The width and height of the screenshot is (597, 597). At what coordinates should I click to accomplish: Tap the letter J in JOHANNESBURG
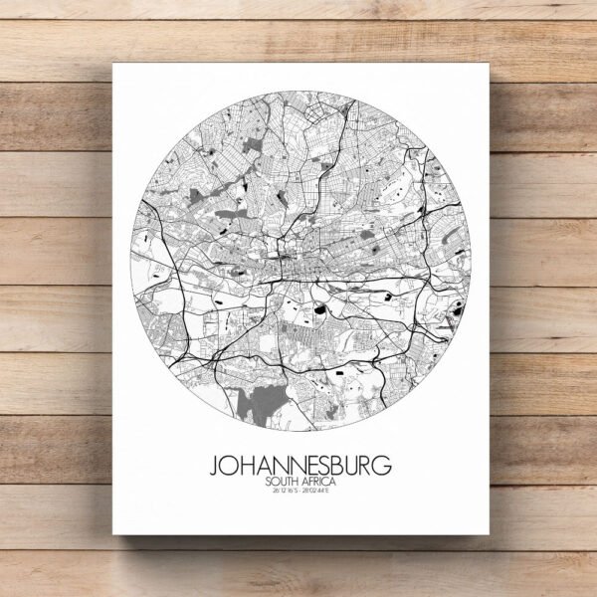coord(215,466)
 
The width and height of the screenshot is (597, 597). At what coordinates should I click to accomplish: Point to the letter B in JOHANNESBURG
coord(337,466)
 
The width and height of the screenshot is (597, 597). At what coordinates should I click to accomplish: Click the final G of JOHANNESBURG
coord(384,466)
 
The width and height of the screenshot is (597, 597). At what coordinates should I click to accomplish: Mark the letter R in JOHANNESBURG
coord(367,466)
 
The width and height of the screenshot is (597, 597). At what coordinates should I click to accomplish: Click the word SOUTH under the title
coord(282,483)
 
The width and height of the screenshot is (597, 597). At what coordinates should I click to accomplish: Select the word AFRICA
coord(318,483)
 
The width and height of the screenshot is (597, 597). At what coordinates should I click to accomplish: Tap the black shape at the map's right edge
coord(458,310)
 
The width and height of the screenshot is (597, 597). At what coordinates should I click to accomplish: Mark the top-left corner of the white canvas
coord(112,63)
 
